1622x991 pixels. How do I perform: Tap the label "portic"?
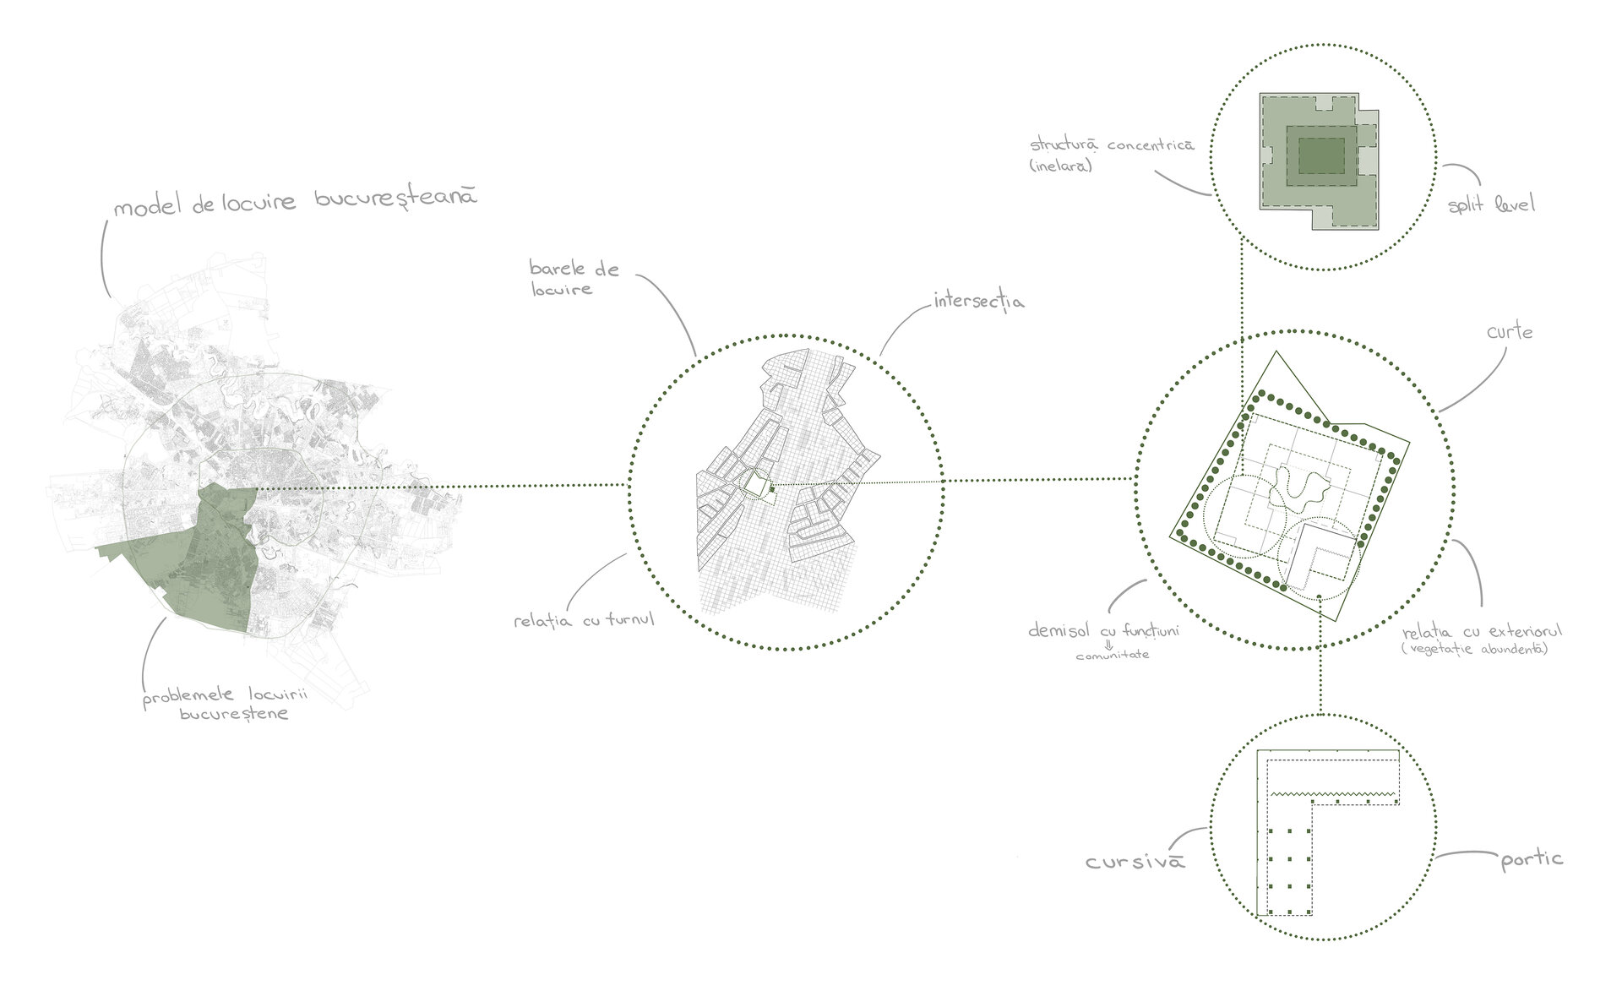point(1532,860)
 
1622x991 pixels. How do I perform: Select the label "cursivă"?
point(1135,863)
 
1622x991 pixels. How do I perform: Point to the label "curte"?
point(1510,332)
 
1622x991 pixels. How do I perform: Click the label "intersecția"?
point(979,301)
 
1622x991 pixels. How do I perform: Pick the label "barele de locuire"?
point(574,279)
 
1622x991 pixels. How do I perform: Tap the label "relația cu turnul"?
point(585,621)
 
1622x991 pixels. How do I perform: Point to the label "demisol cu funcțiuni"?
point(1102,632)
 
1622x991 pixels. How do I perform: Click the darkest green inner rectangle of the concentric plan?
point(1322,156)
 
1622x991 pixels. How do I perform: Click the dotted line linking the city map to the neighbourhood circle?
point(441,486)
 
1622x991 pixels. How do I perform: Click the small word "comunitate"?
point(1112,656)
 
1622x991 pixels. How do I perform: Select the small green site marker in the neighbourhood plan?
point(772,488)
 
